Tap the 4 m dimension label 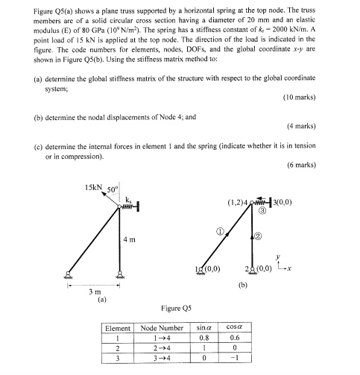pos(128,239)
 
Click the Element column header pos(119,327)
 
